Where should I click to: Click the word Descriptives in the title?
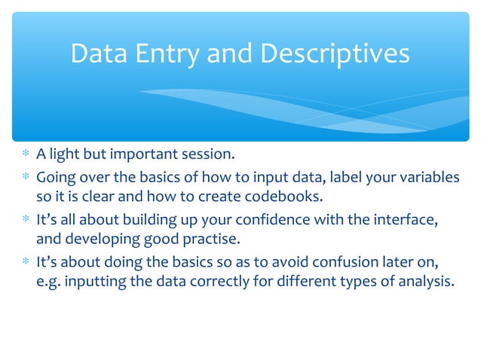[335, 53]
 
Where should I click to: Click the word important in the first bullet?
[142, 156]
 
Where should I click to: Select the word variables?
[429, 177]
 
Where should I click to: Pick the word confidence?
[268, 220]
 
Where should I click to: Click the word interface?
[408, 220]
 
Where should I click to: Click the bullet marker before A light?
[26, 157]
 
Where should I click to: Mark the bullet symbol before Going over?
[26, 178]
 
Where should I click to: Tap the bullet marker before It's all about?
[26, 221]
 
